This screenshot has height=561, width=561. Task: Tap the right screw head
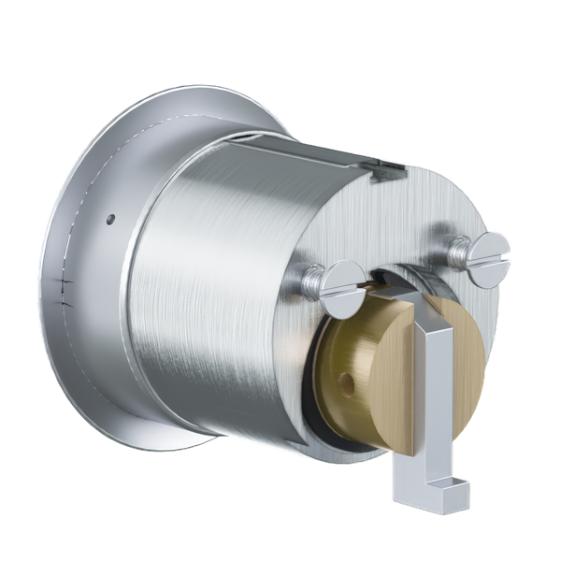click(489, 250)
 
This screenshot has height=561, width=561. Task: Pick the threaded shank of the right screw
click(460, 248)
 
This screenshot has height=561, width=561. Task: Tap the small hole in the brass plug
click(349, 384)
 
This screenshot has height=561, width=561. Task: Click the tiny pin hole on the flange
click(111, 221)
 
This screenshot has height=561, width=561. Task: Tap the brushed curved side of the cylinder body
click(215, 280)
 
